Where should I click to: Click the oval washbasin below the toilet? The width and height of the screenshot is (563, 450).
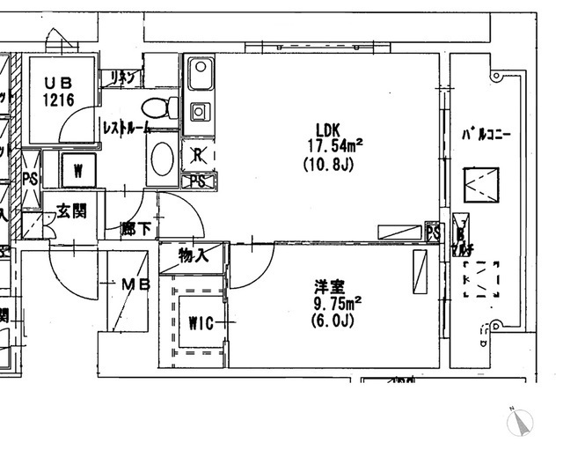coord(162,159)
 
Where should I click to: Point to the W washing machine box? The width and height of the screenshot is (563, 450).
coord(77,170)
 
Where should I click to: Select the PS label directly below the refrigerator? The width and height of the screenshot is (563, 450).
coord(199,181)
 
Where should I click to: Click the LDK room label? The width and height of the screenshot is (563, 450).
coord(327,127)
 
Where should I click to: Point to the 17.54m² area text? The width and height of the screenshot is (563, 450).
coord(335,144)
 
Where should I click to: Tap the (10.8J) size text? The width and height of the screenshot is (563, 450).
coord(328,164)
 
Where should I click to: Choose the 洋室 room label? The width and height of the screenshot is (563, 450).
coord(331,287)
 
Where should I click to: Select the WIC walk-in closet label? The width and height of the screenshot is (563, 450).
coord(201,322)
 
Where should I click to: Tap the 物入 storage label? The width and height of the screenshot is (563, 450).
coord(192,255)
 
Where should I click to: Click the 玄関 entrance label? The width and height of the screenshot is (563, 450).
coord(72,211)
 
